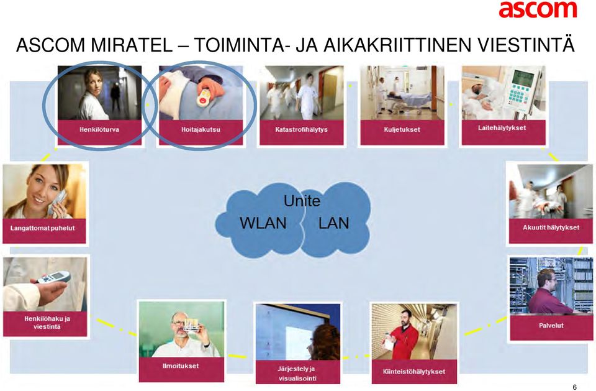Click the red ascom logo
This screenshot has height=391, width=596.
click(538, 9)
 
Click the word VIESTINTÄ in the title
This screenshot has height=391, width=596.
click(526, 45)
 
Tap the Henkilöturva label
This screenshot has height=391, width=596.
click(99, 129)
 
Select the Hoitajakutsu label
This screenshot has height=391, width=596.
click(201, 129)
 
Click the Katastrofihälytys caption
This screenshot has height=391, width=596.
click(302, 129)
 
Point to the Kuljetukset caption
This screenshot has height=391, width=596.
click(402, 129)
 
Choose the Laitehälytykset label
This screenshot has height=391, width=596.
click(502, 128)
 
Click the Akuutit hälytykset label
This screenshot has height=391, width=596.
click(551, 228)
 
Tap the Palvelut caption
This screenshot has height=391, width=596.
click(551, 326)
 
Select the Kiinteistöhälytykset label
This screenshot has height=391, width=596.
click(414, 372)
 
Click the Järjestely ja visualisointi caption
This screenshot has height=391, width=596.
click(297, 374)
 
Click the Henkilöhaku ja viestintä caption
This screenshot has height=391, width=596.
click(47, 323)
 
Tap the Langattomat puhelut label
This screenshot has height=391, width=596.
click(43, 228)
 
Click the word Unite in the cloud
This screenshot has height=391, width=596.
click(302, 201)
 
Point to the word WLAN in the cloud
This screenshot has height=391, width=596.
click(263, 223)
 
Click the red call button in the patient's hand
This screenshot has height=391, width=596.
click(203, 101)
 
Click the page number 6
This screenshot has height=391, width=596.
click(575, 387)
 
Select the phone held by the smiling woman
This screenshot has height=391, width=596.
click(57, 203)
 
